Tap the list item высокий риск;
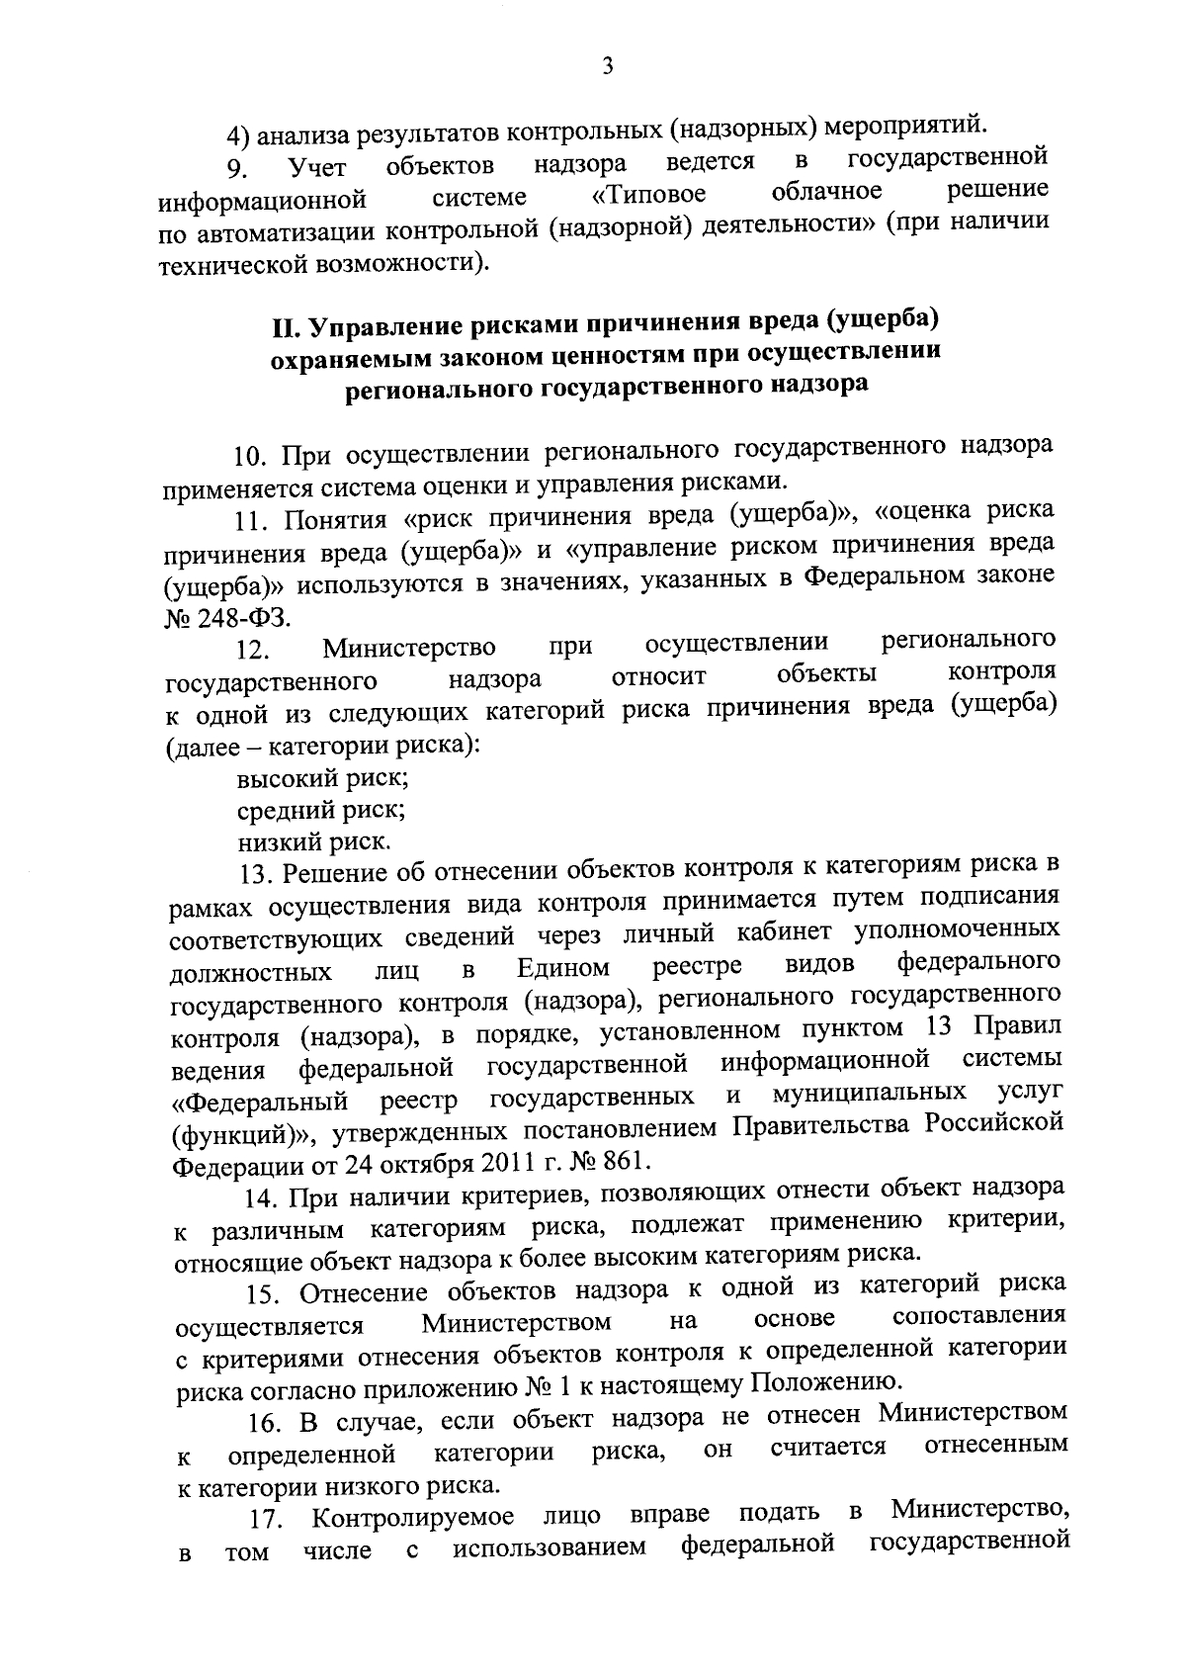point(323,778)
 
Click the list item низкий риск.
point(314,843)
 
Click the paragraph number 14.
point(260,1197)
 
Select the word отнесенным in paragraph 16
point(996,1445)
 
